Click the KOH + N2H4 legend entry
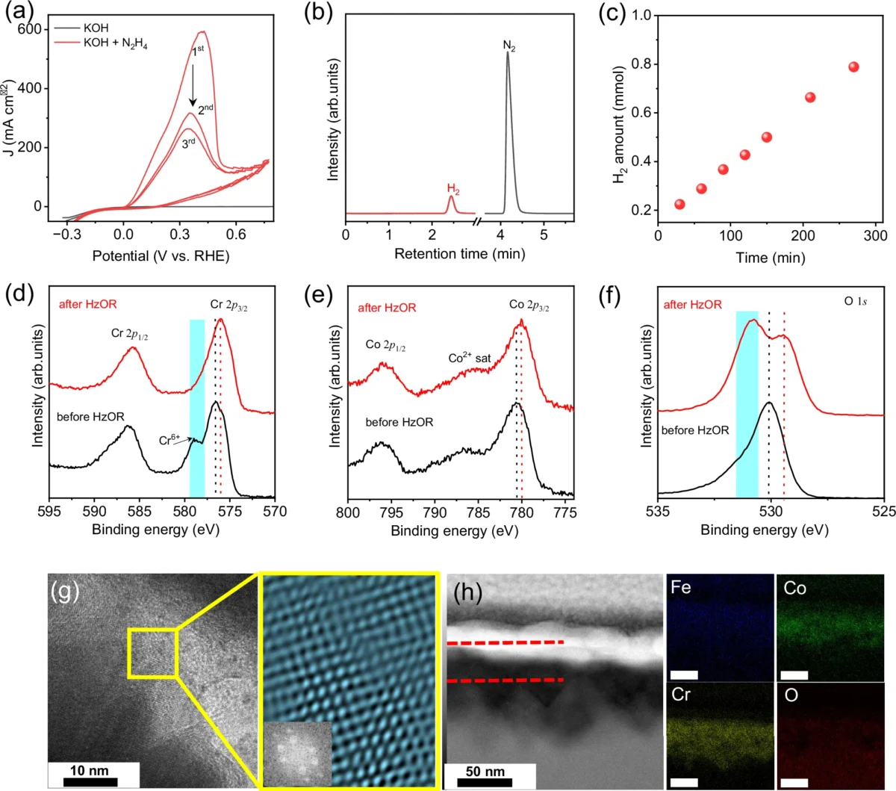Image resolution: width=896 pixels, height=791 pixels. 101,43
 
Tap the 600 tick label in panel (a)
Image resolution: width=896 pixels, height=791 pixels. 29,29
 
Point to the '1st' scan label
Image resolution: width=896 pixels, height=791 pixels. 198,51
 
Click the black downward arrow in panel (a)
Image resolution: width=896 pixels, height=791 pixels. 193,85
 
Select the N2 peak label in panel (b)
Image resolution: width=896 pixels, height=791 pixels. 509,46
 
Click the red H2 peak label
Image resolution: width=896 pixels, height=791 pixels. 453,189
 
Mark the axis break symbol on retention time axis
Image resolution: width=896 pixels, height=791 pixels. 476,221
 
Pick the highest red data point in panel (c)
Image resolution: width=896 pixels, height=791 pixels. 853,66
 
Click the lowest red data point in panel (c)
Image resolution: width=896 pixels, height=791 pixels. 679,204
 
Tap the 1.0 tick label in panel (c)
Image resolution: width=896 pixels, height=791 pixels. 641,16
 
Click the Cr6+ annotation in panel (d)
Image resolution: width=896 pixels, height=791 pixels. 169,440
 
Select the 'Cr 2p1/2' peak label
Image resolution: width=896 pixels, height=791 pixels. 129,334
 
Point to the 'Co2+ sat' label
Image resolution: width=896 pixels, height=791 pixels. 469,358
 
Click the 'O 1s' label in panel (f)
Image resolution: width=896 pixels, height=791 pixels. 856,301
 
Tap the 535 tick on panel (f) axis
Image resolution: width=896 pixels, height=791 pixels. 658,510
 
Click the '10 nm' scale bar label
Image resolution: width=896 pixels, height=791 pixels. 90,770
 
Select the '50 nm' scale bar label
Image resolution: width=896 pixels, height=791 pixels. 485,771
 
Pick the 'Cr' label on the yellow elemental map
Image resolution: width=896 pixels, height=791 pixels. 681,695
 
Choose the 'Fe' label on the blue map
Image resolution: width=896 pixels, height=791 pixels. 681,587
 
